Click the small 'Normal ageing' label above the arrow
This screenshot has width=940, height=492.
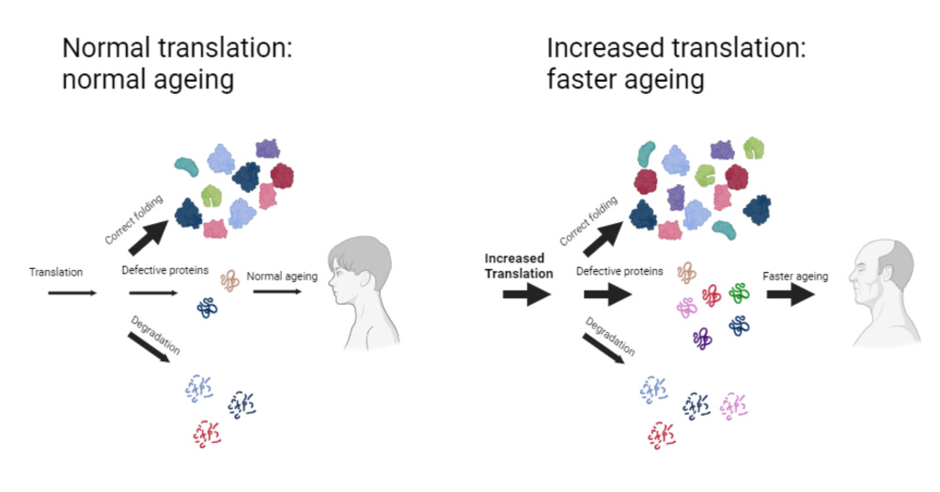tap(282, 276)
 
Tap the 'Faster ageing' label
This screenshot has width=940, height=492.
tap(795, 277)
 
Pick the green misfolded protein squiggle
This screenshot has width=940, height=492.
tap(739, 294)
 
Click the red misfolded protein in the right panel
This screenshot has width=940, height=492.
tap(712, 294)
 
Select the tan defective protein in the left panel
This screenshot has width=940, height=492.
tap(230, 279)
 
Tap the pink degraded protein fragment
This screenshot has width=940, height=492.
tap(736, 405)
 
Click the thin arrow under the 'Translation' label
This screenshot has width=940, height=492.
tap(71, 294)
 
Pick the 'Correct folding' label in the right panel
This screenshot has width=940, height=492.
tap(588, 222)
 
